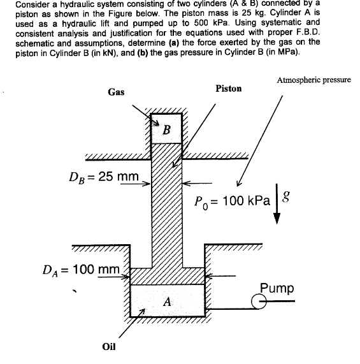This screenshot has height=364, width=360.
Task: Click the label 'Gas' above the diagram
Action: pyautogui.click(x=116, y=92)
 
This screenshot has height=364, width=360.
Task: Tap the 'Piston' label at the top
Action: pyautogui.click(x=229, y=89)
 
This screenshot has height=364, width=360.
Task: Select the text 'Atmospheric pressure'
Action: pyautogui.click(x=314, y=81)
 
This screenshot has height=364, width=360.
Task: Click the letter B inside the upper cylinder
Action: pyautogui.click(x=167, y=130)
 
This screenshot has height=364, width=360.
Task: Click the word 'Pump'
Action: pyautogui.click(x=277, y=288)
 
